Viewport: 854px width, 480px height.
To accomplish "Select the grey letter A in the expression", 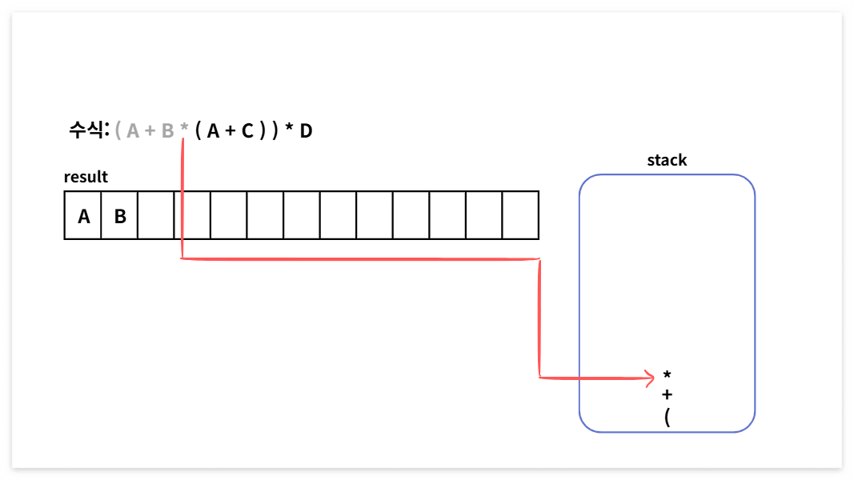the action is pyautogui.click(x=132, y=131).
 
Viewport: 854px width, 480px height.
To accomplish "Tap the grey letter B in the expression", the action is pyautogui.click(x=167, y=131).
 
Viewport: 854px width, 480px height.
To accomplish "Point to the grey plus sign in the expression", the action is pyautogui.click(x=150, y=131).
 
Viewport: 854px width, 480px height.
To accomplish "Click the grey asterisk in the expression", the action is pyautogui.click(x=184, y=128).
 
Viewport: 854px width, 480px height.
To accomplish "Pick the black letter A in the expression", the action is pyautogui.click(x=213, y=131).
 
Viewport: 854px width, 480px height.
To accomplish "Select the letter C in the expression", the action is pyautogui.click(x=247, y=131).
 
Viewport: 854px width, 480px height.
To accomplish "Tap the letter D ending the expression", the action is pyautogui.click(x=306, y=131).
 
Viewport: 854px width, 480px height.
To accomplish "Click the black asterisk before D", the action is pyautogui.click(x=289, y=129).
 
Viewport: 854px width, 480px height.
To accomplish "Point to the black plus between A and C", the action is pyautogui.click(x=231, y=131).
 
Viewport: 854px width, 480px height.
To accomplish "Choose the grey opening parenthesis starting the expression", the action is pyautogui.click(x=118, y=131).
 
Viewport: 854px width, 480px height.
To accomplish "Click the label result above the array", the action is pyautogui.click(x=86, y=177).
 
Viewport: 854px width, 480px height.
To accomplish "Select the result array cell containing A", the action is pyautogui.click(x=83, y=215).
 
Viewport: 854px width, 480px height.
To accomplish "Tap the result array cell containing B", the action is pyautogui.click(x=119, y=215).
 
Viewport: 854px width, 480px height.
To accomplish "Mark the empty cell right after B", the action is pyautogui.click(x=156, y=215).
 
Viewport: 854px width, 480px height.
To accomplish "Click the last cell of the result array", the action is pyautogui.click(x=520, y=215).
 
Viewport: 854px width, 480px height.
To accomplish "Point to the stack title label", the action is pyautogui.click(x=667, y=160).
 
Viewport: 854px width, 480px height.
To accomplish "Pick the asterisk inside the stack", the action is pyautogui.click(x=668, y=375).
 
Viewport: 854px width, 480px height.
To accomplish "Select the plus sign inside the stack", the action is pyautogui.click(x=668, y=394).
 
